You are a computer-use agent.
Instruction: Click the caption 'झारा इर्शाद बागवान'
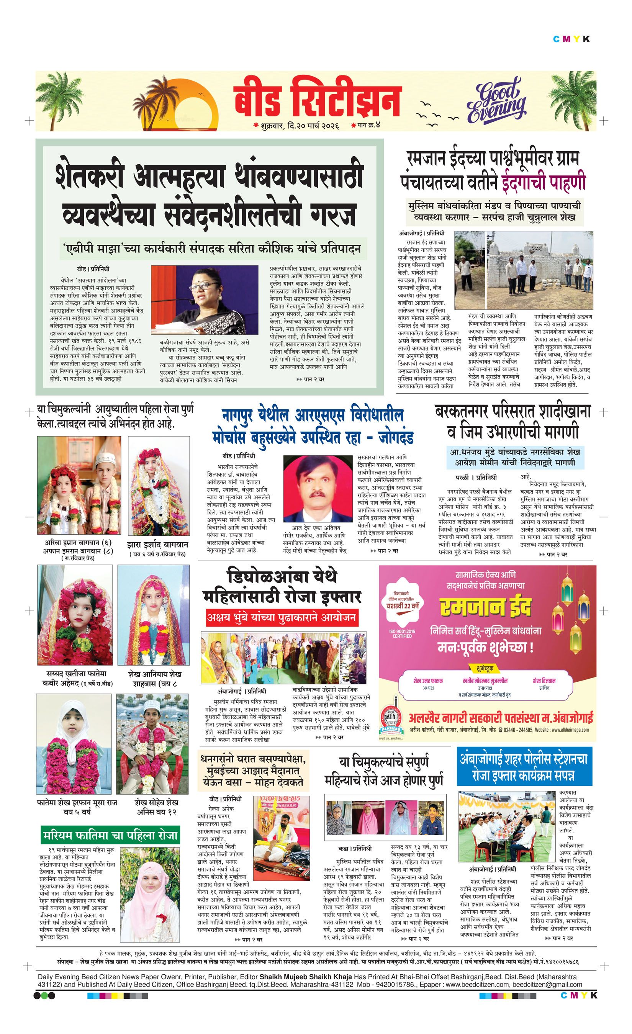pyautogui.click(x=157, y=544)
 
